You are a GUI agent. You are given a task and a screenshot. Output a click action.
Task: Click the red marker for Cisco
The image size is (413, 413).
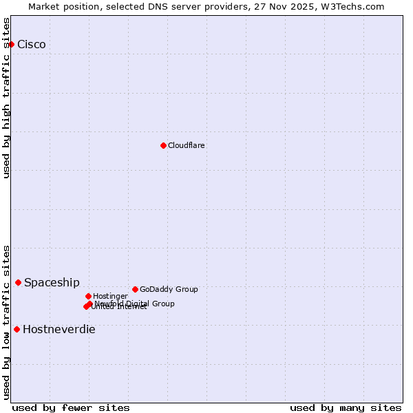(x=11, y=44)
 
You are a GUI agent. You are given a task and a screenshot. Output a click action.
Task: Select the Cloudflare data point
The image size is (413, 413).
(x=163, y=145)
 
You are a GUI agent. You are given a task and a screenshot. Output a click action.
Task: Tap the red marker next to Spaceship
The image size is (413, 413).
(x=18, y=282)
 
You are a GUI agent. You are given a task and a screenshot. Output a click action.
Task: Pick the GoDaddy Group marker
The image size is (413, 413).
(x=135, y=289)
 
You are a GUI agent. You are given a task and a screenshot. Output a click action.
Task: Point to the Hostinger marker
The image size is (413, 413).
(x=88, y=296)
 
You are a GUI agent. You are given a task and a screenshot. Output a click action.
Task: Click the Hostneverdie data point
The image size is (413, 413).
(x=17, y=329)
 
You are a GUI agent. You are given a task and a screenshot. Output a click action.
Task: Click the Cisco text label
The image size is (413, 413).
(x=32, y=45)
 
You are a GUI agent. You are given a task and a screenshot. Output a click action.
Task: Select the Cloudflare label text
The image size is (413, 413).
(x=187, y=145)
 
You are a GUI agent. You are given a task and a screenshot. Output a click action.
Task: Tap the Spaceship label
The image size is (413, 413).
(x=52, y=283)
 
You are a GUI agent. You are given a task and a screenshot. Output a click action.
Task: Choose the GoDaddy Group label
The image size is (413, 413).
(x=169, y=289)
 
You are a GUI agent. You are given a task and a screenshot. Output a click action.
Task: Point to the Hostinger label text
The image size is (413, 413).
(x=110, y=296)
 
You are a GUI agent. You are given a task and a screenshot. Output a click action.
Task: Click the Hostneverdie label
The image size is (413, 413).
(x=59, y=330)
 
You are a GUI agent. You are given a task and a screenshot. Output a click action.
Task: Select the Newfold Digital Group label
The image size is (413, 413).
(x=134, y=304)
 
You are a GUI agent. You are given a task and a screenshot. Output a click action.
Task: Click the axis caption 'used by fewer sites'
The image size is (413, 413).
(x=71, y=407)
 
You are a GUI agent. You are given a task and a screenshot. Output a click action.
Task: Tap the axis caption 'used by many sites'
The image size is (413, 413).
(x=346, y=407)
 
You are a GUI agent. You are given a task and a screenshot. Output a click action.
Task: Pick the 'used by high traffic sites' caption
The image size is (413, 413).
(x=7, y=97)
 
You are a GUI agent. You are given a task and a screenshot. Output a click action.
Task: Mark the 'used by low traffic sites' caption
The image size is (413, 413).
(x=7, y=321)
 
